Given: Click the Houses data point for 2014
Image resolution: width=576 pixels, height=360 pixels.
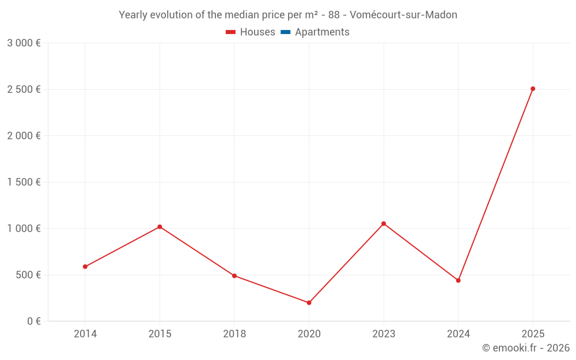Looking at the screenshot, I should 85,267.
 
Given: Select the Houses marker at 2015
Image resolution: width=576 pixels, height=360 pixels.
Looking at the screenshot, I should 160,227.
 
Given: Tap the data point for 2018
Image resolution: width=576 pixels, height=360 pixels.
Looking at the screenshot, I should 234,276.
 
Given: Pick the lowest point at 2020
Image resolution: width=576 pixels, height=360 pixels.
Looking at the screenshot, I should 309,303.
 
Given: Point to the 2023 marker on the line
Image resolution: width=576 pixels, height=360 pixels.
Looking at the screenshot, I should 384,223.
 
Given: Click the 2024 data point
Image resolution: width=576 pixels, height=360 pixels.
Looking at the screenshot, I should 458,281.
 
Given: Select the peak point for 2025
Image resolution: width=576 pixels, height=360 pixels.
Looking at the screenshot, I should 533,89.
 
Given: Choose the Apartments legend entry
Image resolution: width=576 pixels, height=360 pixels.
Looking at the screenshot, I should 322,32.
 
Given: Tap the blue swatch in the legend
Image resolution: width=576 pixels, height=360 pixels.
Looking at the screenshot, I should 285,32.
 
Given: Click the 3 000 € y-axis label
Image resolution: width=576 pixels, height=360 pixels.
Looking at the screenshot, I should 24,43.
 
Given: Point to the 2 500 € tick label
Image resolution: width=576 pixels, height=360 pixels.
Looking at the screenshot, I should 24,89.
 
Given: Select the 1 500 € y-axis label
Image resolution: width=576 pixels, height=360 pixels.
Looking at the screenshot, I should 24,182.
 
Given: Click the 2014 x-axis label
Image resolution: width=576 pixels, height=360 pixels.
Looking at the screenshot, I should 85,334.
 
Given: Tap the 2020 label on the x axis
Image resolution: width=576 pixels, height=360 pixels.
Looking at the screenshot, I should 309,334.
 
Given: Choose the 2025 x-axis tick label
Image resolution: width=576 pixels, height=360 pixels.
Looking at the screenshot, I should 533,334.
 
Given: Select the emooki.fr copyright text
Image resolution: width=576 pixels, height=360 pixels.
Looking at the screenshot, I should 526,348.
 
